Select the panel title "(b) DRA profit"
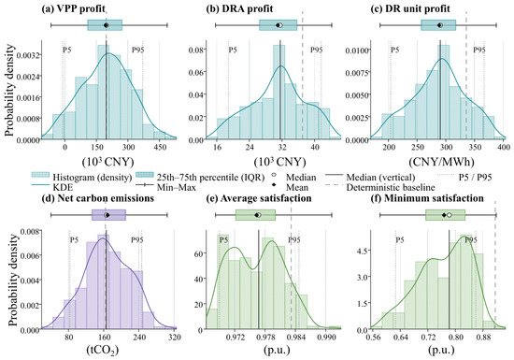[x=239, y=8]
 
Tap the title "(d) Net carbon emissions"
[x=98, y=198]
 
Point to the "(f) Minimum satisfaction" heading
[x=427, y=198]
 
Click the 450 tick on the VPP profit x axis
[x=161, y=147]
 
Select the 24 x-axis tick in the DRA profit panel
[x=250, y=147]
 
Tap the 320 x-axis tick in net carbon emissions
[x=175, y=337]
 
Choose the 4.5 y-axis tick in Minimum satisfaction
[x=364, y=251]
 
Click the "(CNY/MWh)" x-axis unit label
[x=441, y=162]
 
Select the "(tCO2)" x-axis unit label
[x=102, y=350]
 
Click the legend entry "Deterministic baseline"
[x=391, y=188]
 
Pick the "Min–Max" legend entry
[x=177, y=188]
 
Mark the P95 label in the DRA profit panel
[x=316, y=50]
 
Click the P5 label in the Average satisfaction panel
[x=223, y=240]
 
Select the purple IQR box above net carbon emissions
[x=108, y=215]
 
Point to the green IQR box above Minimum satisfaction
[x=445, y=215]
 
